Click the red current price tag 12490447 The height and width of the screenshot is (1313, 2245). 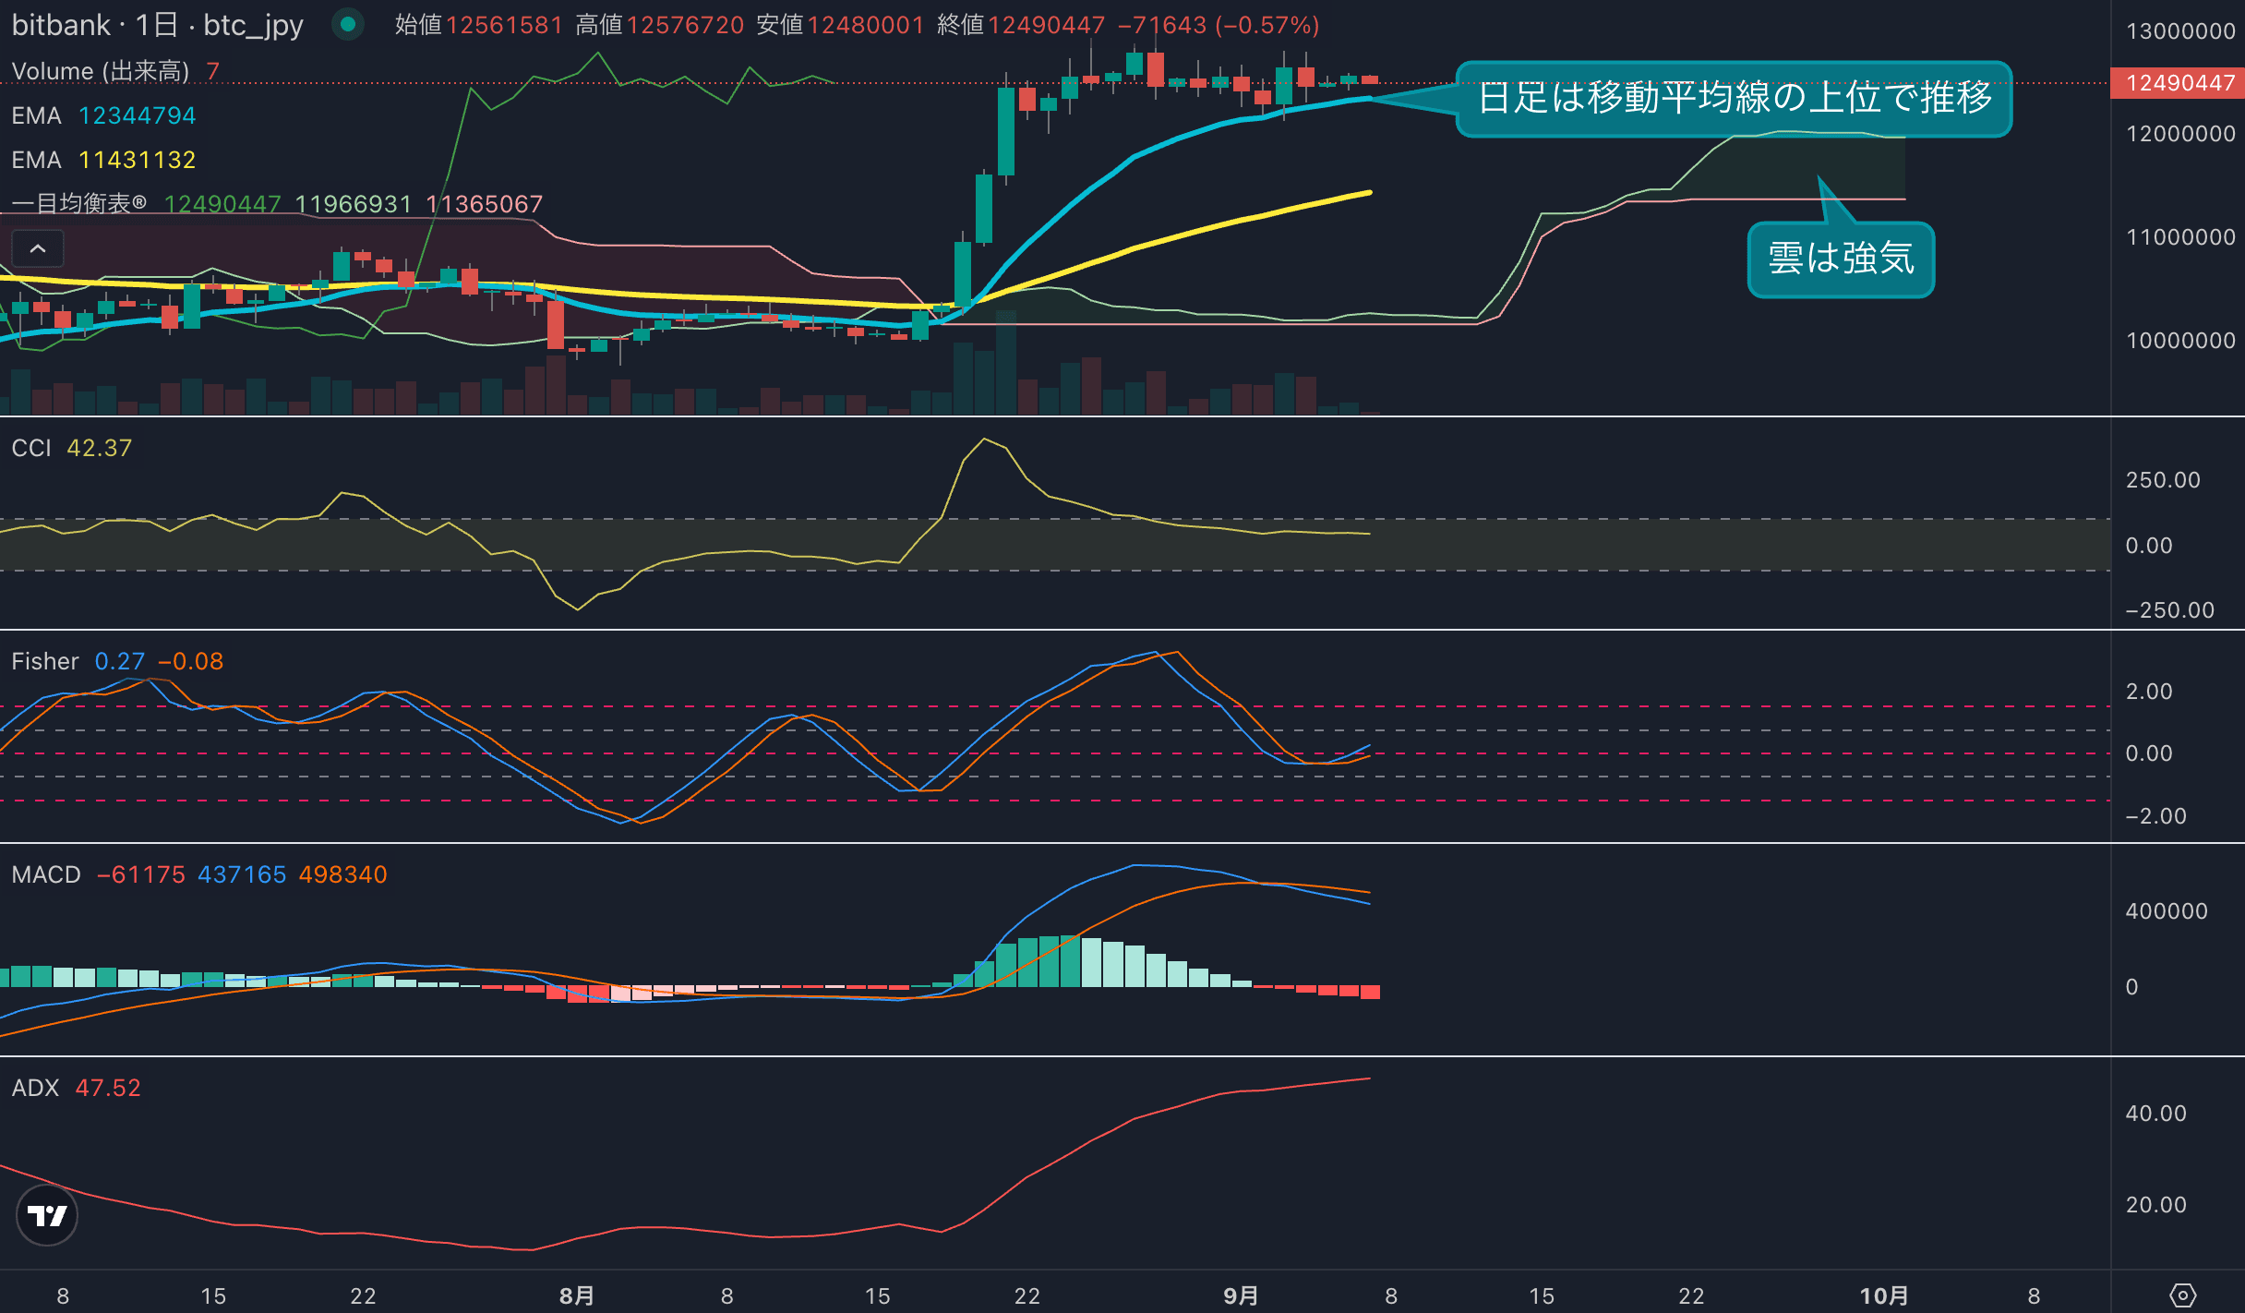tap(2178, 83)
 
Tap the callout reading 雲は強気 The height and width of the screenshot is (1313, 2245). tap(1841, 259)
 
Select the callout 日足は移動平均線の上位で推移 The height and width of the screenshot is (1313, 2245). tap(1734, 98)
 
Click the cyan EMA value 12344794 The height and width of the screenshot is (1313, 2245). tap(138, 115)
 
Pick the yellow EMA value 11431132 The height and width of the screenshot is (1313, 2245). tap(138, 160)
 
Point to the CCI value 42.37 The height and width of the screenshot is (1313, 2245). tap(100, 448)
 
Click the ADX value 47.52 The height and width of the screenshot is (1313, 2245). tap(108, 1088)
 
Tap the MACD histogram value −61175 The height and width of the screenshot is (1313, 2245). tap(141, 874)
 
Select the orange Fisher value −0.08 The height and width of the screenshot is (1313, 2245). tap(191, 661)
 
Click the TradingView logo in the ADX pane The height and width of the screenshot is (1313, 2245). tap(47, 1215)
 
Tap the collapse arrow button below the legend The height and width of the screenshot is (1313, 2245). tap(38, 248)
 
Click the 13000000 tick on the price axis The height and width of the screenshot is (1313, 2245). tap(2180, 31)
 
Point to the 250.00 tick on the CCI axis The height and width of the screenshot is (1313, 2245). tap(2163, 480)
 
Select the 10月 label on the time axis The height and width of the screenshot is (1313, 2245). tap(1883, 1295)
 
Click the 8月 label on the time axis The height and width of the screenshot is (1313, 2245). tap(577, 1295)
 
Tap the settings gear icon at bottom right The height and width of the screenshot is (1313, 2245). tap(2182, 1295)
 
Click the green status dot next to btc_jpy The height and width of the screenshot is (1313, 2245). tap(348, 25)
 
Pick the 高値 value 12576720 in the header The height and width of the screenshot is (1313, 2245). tap(685, 25)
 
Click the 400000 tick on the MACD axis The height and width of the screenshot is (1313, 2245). tap(2167, 911)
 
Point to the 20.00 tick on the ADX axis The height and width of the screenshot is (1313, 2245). tap(2155, 1205)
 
